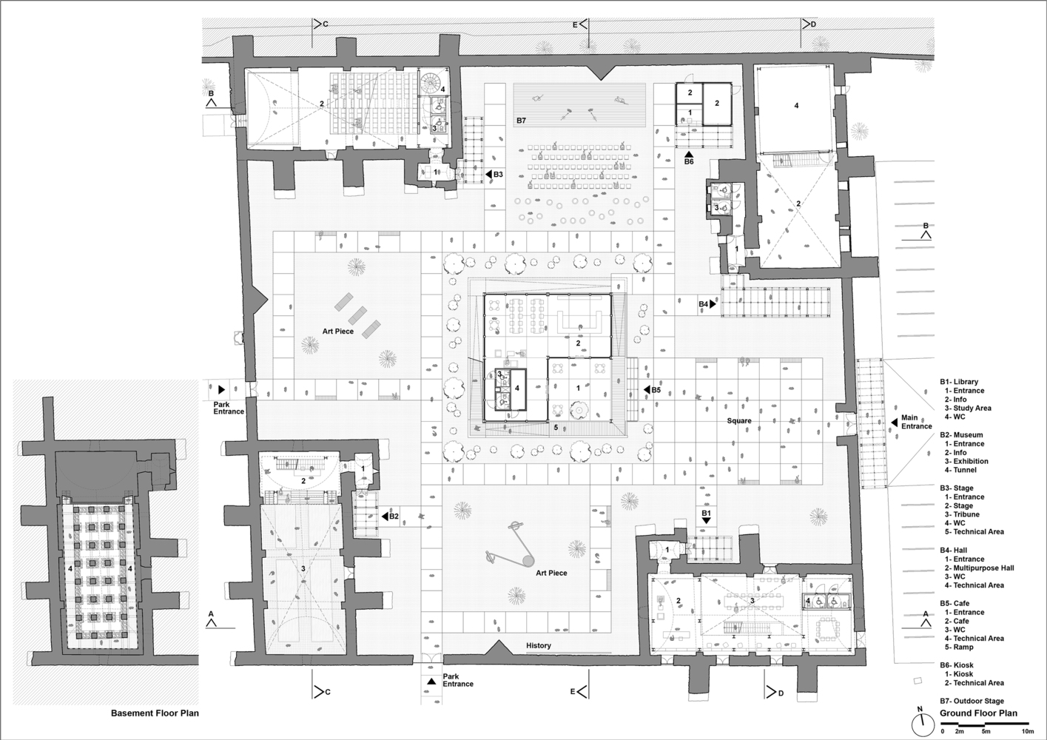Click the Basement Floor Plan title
click(155, 713)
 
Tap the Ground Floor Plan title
click(979, 713)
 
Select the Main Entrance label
click(917, 422)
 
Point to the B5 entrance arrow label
click(652, 390)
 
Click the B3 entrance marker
click(494, 175)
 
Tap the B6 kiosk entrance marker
click(689, 158)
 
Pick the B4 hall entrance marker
click(707, 304)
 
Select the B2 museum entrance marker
click(390, 517)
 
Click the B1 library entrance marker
click(706, 517)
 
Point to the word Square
click(739, 421)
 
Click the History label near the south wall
click(539, 645)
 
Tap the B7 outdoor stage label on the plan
click(521, 121)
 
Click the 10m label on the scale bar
click(1027, 732)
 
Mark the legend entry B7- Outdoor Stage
click(972, 702)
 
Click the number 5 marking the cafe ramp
click(556, 427)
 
